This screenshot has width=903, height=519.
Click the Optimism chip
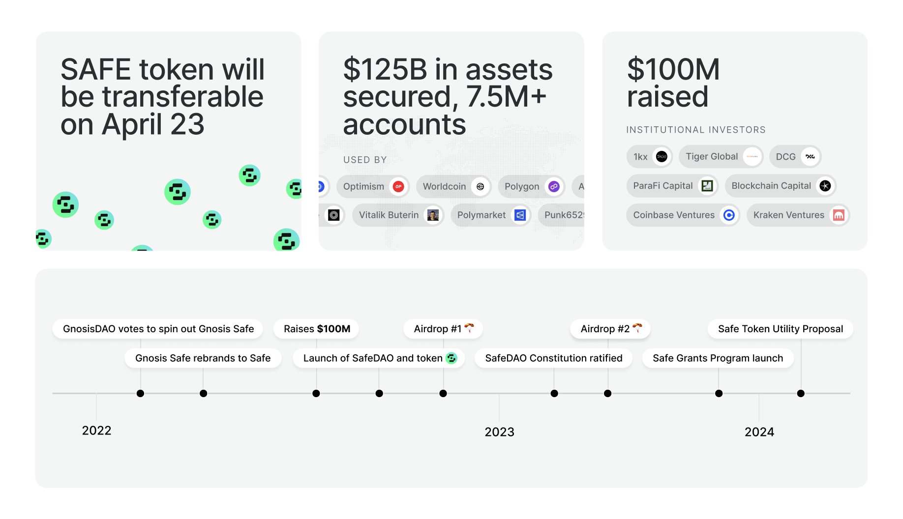(372, 187)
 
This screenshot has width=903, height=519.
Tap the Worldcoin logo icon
(480, 187)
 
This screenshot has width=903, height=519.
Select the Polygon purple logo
(554, 187)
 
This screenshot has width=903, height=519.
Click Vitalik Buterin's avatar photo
(433, 215)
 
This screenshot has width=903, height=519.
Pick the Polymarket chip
(490, 215)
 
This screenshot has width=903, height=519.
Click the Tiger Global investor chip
(721, 157)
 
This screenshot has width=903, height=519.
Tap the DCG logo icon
(810, 157)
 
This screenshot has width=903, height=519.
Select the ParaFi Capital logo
(707, 186)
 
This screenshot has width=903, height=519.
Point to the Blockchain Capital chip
(780, 186)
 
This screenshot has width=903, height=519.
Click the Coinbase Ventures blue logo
(729, 215)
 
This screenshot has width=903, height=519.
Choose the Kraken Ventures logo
(839, 215)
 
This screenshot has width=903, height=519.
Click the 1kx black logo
(662, 157)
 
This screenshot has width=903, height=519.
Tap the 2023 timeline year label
(499, 432)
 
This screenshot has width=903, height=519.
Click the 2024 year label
(759, 432)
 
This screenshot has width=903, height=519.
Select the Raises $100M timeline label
(317, 329)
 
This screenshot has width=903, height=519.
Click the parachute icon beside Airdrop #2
(637, 328)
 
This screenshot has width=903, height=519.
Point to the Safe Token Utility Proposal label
(780, 329)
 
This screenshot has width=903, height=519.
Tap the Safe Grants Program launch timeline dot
(719, 393)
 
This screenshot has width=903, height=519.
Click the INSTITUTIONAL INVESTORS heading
(695, 130)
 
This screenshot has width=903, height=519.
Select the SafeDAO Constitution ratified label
(553, 358)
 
